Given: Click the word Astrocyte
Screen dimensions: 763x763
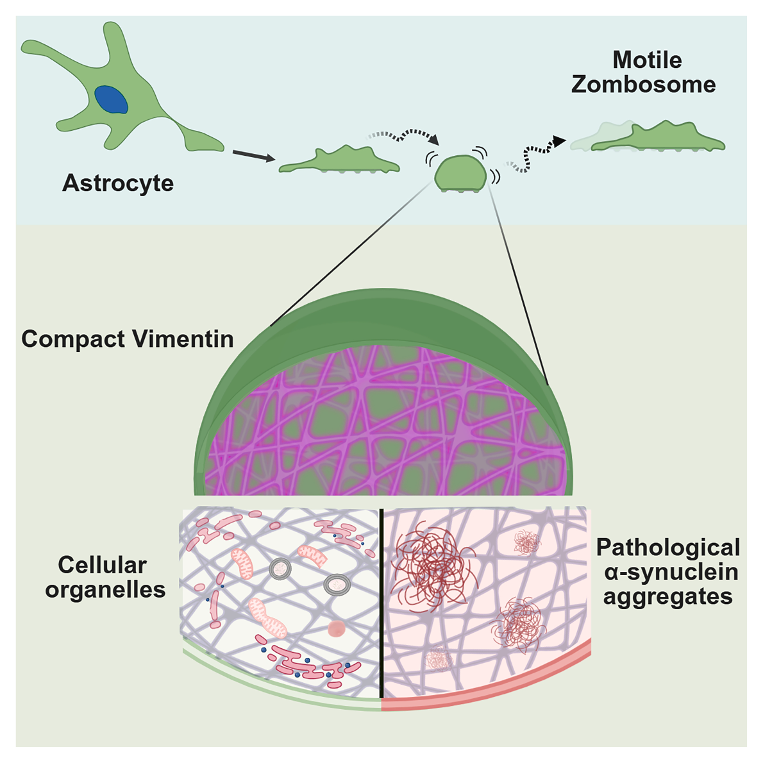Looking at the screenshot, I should [118, 183].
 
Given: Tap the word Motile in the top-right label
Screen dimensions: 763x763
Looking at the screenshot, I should [647, 60].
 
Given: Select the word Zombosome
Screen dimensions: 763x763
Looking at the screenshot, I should [644, 85].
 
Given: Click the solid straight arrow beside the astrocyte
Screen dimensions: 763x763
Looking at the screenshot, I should [253, 156].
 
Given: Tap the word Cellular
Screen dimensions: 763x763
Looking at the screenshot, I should [103, 565].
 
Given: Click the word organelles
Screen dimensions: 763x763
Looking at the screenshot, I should [105, 590].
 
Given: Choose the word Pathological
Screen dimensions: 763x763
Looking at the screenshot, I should [668, 548].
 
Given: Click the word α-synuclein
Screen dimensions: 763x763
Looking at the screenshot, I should [671, 572].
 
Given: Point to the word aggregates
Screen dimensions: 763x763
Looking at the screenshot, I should [667, 597].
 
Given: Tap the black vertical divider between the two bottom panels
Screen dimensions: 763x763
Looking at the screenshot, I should [382, 603].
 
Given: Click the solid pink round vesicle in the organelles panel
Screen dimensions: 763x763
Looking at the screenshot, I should [337, 629].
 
